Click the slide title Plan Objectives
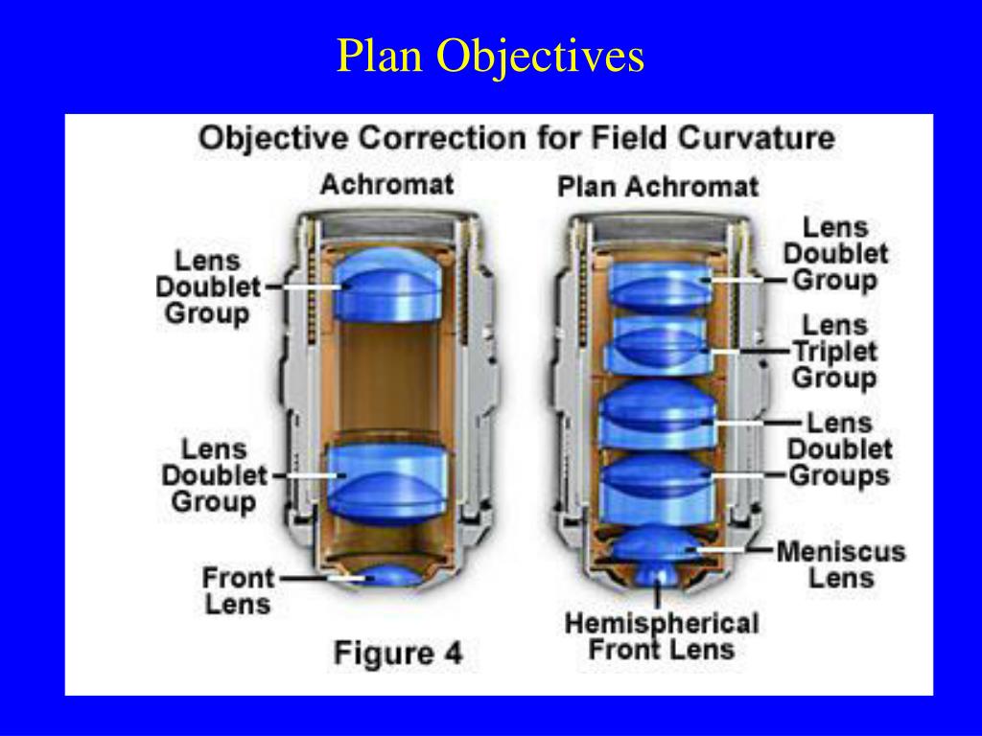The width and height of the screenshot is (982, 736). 490,57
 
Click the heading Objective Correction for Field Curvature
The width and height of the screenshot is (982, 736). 516,138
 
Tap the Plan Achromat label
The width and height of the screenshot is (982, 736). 657,186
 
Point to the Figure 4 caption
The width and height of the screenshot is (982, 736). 397,654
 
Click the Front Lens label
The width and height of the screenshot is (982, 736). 237,590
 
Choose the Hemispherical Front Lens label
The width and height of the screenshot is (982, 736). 661,636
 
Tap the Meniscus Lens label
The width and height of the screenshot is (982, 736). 840,564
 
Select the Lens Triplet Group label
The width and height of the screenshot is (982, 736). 834,352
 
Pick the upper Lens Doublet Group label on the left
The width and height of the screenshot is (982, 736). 208,287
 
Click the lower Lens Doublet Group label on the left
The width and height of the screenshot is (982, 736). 214,475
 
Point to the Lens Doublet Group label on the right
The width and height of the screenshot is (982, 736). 835,254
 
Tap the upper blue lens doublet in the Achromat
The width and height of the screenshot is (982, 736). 387,285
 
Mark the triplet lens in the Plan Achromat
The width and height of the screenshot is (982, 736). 658,343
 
